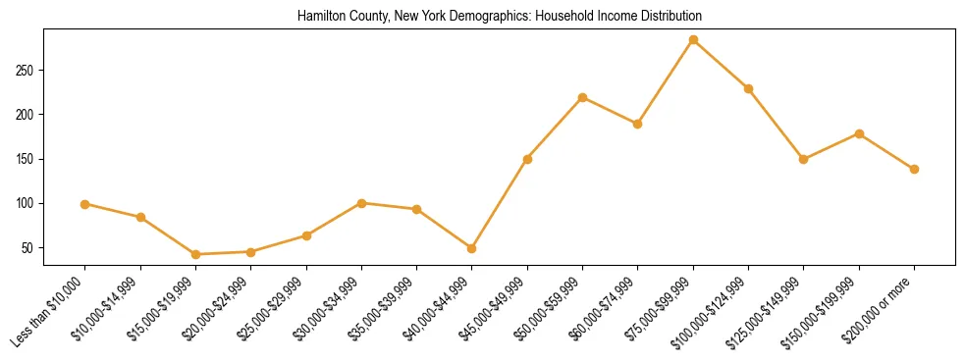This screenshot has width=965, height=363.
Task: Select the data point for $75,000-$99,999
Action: [693, 40]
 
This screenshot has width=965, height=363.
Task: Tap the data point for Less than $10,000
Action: [85, 204]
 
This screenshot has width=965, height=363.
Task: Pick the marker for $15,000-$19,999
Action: [195, 254]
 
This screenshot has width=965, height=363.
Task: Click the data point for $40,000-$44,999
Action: [472, 248]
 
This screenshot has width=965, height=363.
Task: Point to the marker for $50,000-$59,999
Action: [583, 97]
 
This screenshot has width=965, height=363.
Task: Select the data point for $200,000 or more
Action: [914, 169]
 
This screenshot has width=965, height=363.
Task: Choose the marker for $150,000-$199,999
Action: [859, 133]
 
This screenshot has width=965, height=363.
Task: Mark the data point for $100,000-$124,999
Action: [748, 88]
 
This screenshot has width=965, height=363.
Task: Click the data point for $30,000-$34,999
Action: [361, 203]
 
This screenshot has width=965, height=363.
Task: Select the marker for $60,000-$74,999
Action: [638, 124]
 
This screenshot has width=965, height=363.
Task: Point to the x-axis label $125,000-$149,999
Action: [771, 310]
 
